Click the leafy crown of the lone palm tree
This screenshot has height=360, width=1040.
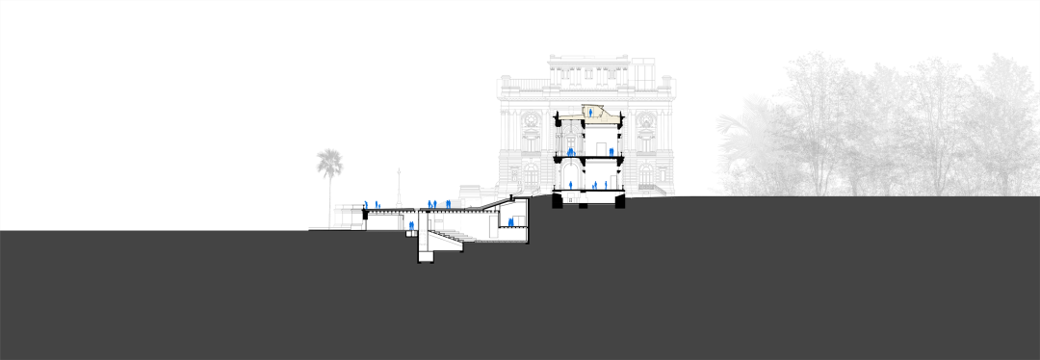(x=329, y=161)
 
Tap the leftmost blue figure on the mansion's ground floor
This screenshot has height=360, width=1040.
(x=568, y=185)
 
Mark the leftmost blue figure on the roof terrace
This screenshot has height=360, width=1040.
(x=367, y=204)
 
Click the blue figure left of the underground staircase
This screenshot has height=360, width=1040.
(x=411, y=227)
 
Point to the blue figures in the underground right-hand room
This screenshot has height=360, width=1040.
(x=509, y=225)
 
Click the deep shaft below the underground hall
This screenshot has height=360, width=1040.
(x=425, y=251)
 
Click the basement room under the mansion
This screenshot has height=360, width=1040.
(x=588, y=199)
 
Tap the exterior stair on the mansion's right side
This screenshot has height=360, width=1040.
(x=655, y=193)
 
